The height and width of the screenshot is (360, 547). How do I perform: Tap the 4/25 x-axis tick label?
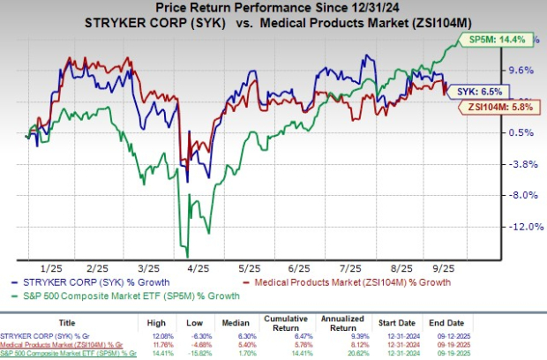point(197,266)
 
